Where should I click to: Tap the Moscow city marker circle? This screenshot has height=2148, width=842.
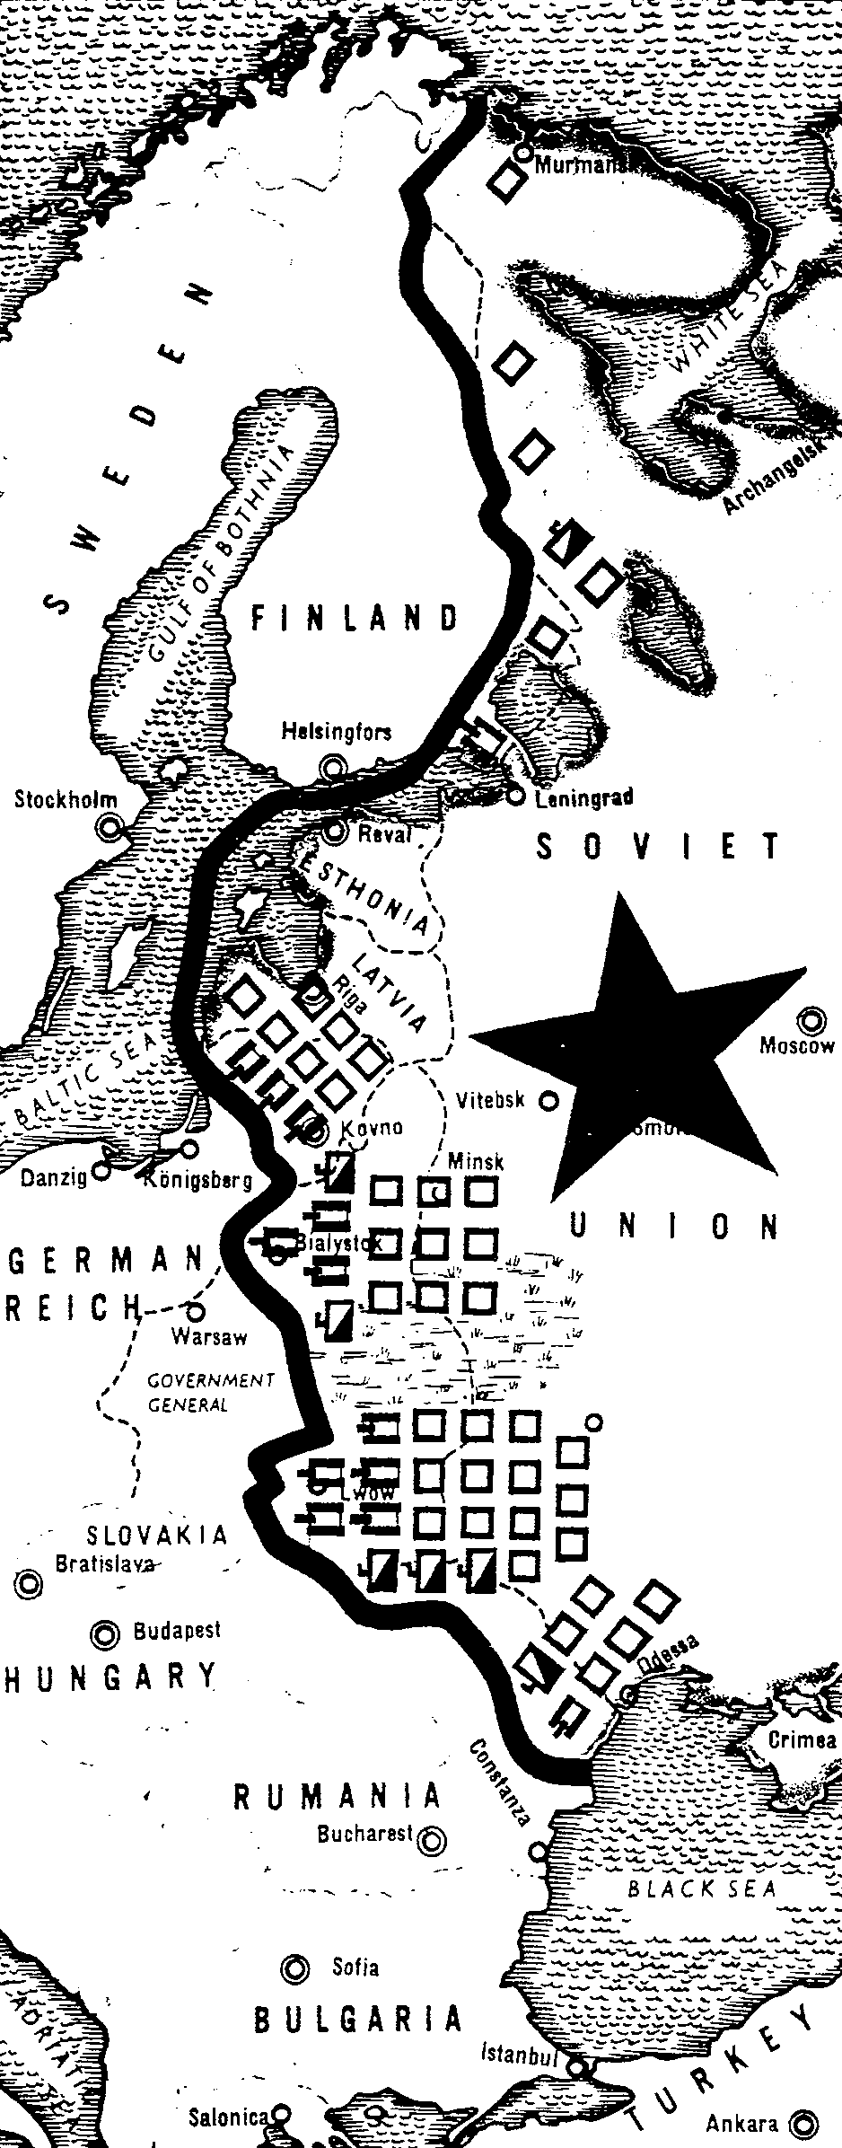point(813,1019)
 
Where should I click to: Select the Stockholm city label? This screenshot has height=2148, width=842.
point(65,799)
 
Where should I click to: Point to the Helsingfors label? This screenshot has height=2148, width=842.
point(337,731)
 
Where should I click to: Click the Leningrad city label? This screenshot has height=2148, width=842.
point(583,797)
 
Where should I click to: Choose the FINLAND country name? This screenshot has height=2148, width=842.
point(355,618)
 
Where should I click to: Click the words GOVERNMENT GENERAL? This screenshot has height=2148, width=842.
point(210,1392)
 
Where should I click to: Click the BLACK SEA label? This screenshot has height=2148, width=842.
point(701,1888)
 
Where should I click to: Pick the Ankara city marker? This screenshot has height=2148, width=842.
point(802,2124)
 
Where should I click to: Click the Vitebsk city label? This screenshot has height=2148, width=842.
point(490,1099)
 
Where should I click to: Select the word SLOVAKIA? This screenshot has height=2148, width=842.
point(157,1534)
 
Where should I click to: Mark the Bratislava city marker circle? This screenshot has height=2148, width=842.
point(31,1583)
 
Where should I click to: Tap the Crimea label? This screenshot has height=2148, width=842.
point(803,1739)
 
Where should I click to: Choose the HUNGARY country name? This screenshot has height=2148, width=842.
point(110,1677)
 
